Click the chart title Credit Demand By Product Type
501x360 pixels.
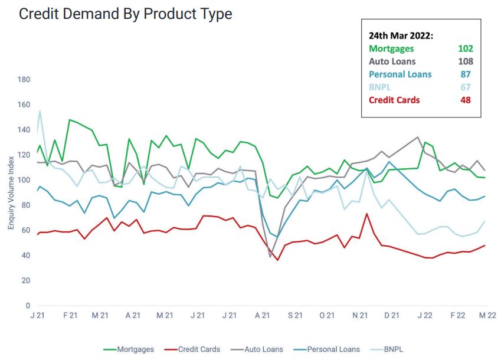pos(125,14)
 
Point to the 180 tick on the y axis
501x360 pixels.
pos(24,80)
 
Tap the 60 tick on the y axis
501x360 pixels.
pos(25,231)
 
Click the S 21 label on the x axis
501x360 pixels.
pos(295,316)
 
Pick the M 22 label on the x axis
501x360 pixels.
pos(487,316)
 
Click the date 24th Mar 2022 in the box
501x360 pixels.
pos(401,35)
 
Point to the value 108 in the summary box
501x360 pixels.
pos(466,61)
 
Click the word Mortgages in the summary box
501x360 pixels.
pos(391,48)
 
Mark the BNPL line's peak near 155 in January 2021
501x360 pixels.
pos(40,111)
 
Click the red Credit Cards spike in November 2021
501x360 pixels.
pos(366,214)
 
